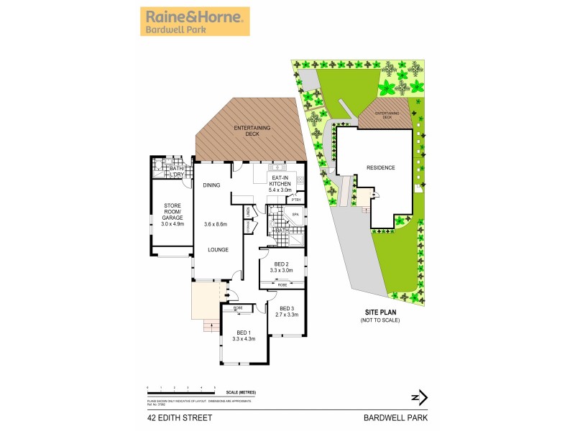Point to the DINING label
coord(211,185)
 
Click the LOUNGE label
coord(218,249)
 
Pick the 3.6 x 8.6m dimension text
coord(216,224)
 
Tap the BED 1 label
coord(244,332)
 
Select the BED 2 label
coord(280,263)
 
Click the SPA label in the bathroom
coord(295,215)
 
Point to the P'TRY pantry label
coord(295,200)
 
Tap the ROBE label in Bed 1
coord(238,307)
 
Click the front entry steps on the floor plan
coord(211,328)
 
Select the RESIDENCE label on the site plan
coord(381,167)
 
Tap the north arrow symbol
coord(419,397)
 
